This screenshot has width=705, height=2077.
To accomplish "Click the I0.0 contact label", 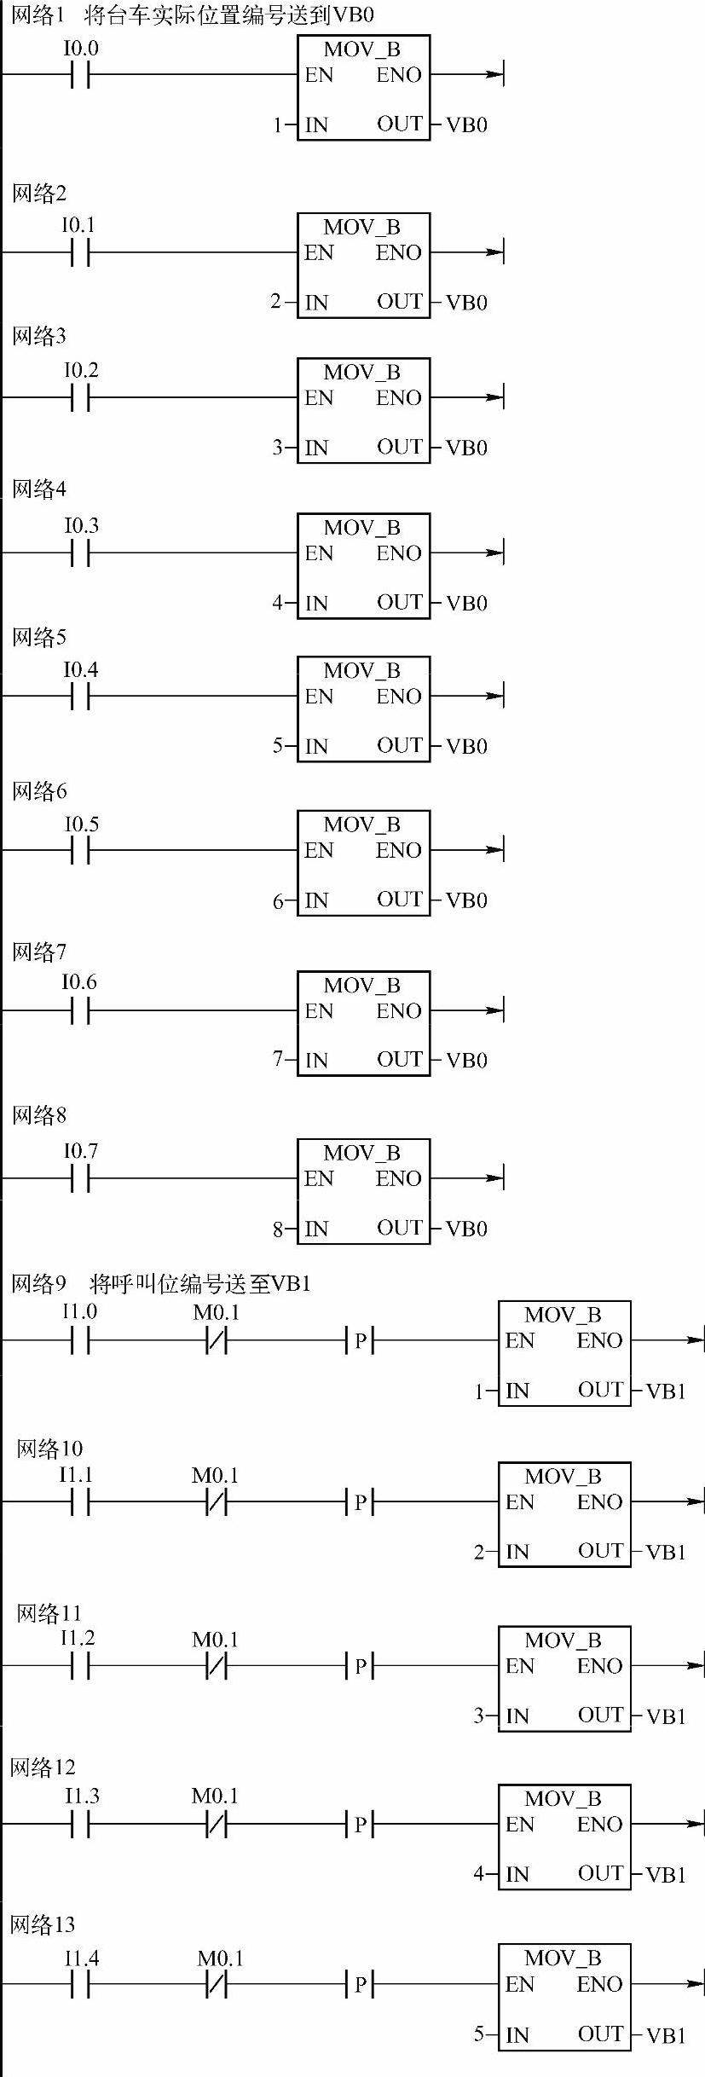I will click(x=81, y=49).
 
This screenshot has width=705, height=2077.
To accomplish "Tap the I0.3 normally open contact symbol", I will click(x=80, y=553).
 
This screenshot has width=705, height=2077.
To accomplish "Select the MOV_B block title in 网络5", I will click(x=361, y=670).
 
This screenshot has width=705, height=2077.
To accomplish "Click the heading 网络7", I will click(x=38, y=952).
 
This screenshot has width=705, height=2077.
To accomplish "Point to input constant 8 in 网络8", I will click(x=278, y=1229).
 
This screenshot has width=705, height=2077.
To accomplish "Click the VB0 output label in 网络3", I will click(x=466, y=448).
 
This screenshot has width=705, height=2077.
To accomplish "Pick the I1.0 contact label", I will click(x=79, y=1311).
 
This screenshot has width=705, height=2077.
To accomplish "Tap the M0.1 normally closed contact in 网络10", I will click(x=217, y=1501).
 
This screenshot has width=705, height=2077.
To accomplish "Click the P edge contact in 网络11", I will click(x=361, y=1665).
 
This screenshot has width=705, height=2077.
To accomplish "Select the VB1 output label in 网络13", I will click(x=666, y=2035).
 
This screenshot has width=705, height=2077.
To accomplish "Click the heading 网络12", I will click(x=43, y=1767).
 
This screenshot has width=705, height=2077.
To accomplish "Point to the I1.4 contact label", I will click(x=81, y=1958).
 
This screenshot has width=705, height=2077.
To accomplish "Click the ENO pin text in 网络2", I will click(x=399, y=252).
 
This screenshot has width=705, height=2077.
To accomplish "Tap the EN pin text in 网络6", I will click(x=319, y=850).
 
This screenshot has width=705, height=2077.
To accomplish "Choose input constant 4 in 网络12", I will click(x=479, y=1873).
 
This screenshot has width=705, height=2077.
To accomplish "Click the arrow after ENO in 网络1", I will click(x=494, y=74).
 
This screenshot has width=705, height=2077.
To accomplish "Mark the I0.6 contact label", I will click(x=79, y=982).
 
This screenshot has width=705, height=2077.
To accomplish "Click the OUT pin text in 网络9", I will click(x=600, y=1390).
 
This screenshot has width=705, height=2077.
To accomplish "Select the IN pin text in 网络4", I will click(x=316, y=603).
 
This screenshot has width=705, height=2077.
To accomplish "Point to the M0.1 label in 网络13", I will click(x=220, y=1958).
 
